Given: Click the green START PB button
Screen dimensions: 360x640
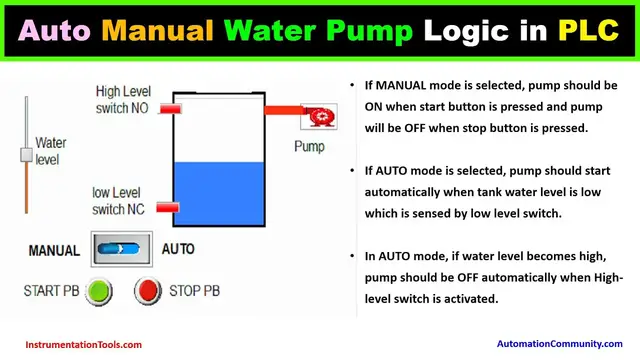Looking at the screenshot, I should point(98,292).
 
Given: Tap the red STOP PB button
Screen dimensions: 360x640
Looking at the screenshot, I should point(147,292).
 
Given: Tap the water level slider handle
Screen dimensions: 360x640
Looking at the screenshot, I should point(26,155).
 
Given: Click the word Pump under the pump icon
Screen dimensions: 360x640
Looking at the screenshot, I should point(309,146).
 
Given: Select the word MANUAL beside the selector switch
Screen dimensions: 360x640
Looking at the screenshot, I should point(54,250).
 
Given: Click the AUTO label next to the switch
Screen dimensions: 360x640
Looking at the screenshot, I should point(178,249).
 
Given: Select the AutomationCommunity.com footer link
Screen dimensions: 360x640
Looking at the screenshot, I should point(558,345).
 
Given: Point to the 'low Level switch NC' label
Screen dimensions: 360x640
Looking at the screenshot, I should point(122,200).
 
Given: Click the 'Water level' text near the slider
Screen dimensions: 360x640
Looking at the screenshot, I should point(50,151).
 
